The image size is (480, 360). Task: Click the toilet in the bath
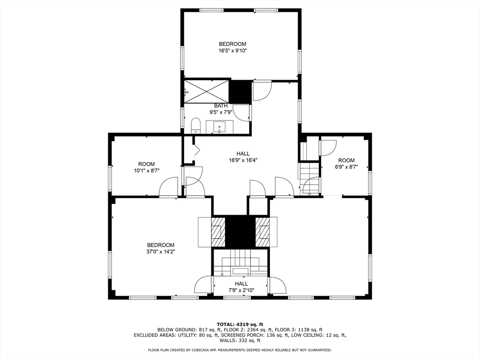pos(195,126)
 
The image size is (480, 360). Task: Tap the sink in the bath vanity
pos(219,127)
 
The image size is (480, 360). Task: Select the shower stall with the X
pos(207,91)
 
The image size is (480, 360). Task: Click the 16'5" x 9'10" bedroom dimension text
pos(232,51)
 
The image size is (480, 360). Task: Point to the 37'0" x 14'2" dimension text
pos(161,252)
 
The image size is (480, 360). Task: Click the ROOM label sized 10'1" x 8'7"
pos(146,164)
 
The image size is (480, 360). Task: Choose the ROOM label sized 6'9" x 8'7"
pos(346,160)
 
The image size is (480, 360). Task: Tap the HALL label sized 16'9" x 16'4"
pos(243,154)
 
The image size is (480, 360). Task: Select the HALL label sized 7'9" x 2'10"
pos(241,284)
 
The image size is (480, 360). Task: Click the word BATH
pos(221,106)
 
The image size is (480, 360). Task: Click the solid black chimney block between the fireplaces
pos(240,232)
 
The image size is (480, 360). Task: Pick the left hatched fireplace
pos(218,232)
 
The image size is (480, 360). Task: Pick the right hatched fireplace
pos(262,232)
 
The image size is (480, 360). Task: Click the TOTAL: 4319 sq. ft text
pos(240,324)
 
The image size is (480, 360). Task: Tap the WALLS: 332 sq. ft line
pos(240,340)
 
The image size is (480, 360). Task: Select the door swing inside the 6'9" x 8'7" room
pos(329,148)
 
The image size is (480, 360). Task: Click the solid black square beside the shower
pos(240,91)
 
